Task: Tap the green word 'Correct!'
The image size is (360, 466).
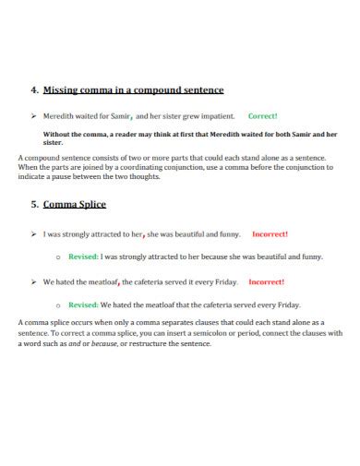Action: coord(263,116)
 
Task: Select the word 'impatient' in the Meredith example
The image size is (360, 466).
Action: coord(217,116)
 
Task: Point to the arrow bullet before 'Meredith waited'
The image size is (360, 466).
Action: coord(33,116)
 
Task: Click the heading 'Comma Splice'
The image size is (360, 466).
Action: coord(75,204)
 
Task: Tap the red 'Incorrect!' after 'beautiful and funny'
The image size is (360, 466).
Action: coord(270,233)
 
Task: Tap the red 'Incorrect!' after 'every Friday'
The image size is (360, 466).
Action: coord(267,281)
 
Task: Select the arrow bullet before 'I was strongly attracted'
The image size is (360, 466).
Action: coord(33,233)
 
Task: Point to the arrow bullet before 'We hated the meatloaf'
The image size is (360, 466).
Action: coord(33,281)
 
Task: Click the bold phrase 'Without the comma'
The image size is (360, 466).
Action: coord(75,134)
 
